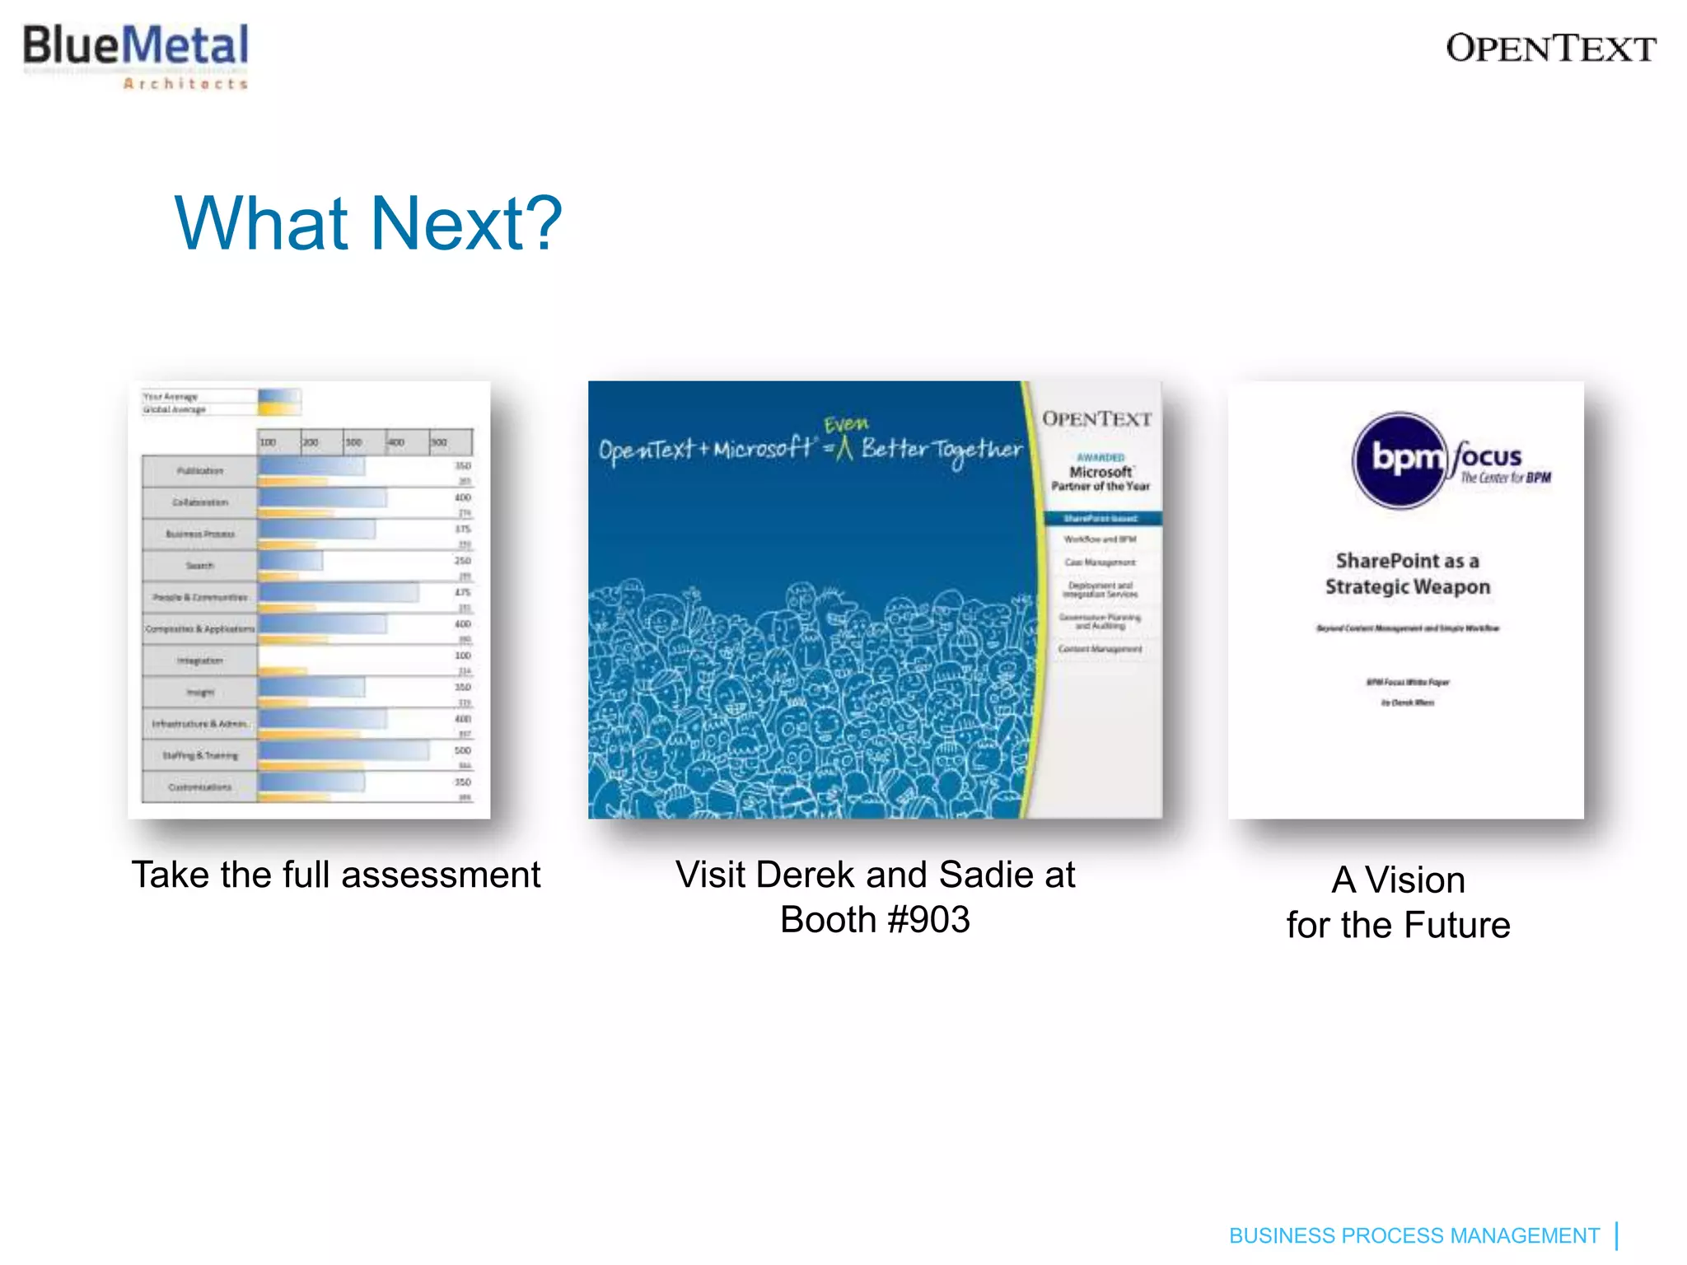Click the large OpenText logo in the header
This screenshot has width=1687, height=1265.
click(x=1550, y=49)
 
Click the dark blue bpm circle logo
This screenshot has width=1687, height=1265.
click(x=1400, y=460)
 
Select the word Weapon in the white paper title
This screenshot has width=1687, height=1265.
click(x=1451, y=587)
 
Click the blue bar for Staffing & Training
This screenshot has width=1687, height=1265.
click(x=343, y=750)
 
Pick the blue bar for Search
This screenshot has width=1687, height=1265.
click(x=290, y=560)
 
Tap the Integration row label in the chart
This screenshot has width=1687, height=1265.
click(x=199, y=661)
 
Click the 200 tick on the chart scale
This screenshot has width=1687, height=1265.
click(x=311, y=442)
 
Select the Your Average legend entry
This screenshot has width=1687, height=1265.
click(x=171, y=396)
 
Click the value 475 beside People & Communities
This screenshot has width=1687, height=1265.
click(x=463, y=592)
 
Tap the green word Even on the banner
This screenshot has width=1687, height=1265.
click(x=846, y=424)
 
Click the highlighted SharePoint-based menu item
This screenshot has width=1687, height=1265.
click(x=1101, y=518)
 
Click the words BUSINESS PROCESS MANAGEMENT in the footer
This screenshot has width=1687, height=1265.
click(x=1414, y=1235)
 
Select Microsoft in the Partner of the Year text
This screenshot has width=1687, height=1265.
click(x=1101, y=472)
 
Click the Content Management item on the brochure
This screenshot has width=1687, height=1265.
click(x=1101, y=649)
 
